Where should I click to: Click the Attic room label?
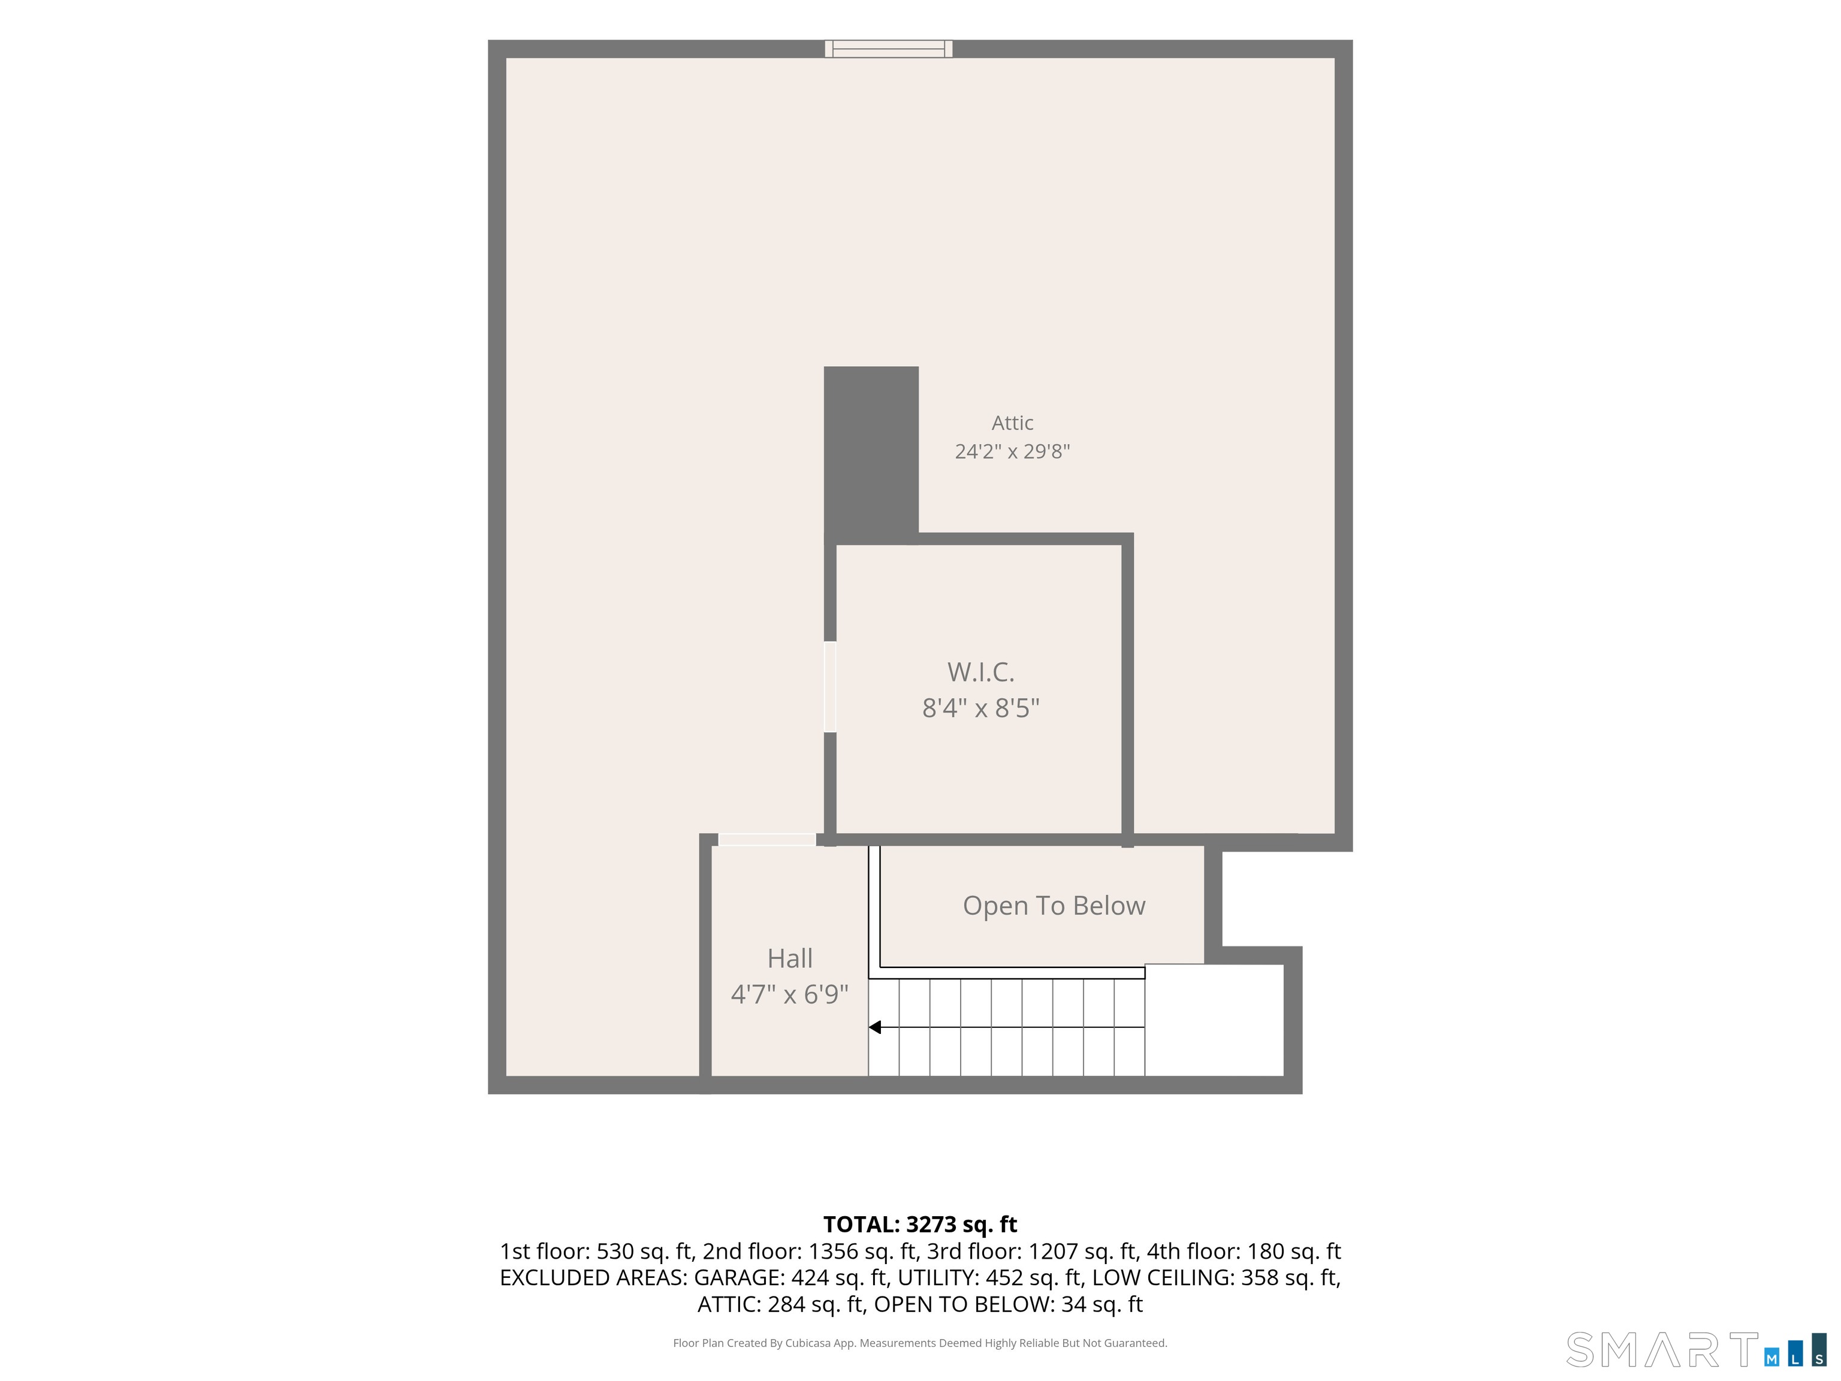point(1012,423)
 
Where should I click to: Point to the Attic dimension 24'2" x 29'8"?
point(1012,451)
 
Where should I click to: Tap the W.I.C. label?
point(980,672)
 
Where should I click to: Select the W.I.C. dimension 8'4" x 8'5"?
point(980,707)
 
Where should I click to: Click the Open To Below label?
point(1054,906)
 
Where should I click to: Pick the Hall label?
point(790,958)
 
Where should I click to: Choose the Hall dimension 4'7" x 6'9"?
point(790,994)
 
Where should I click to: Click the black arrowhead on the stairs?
point(875,1027)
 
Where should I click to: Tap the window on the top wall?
point(889,49)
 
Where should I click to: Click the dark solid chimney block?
point(871,454)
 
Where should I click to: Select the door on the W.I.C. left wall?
point(830,687)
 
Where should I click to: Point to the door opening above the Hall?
point(766,840)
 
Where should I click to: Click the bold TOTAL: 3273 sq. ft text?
point(920,1225)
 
